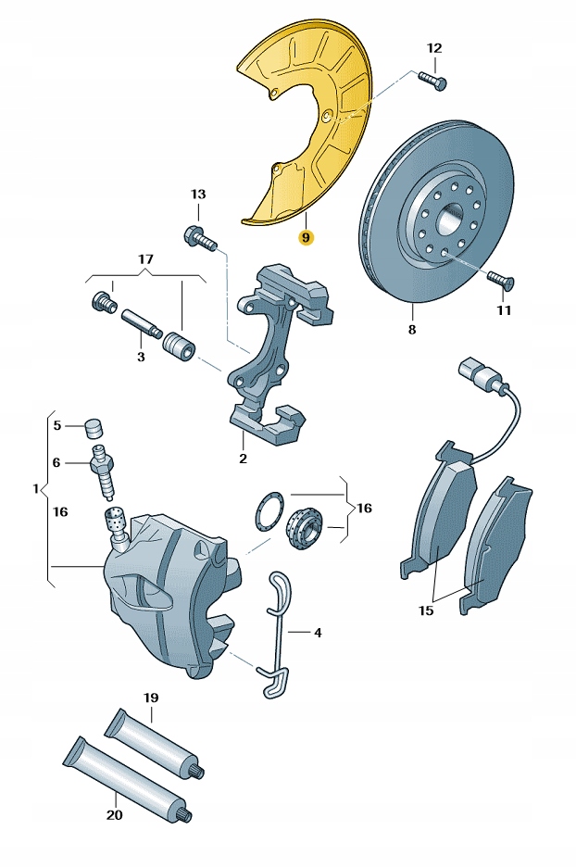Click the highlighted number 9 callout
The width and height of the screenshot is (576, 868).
(307, 237)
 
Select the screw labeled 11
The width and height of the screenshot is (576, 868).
(501, 279)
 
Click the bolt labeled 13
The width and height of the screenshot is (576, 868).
(200, 237)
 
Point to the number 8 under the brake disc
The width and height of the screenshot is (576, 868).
(412, 330)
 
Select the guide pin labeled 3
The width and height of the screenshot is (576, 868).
(142, 323)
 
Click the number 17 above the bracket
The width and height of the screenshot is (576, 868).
(145, 259)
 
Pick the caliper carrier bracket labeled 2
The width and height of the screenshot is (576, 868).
(273, 361)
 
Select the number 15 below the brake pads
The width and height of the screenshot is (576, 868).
(425, 610)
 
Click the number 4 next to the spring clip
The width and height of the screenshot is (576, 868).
(317, 634)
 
